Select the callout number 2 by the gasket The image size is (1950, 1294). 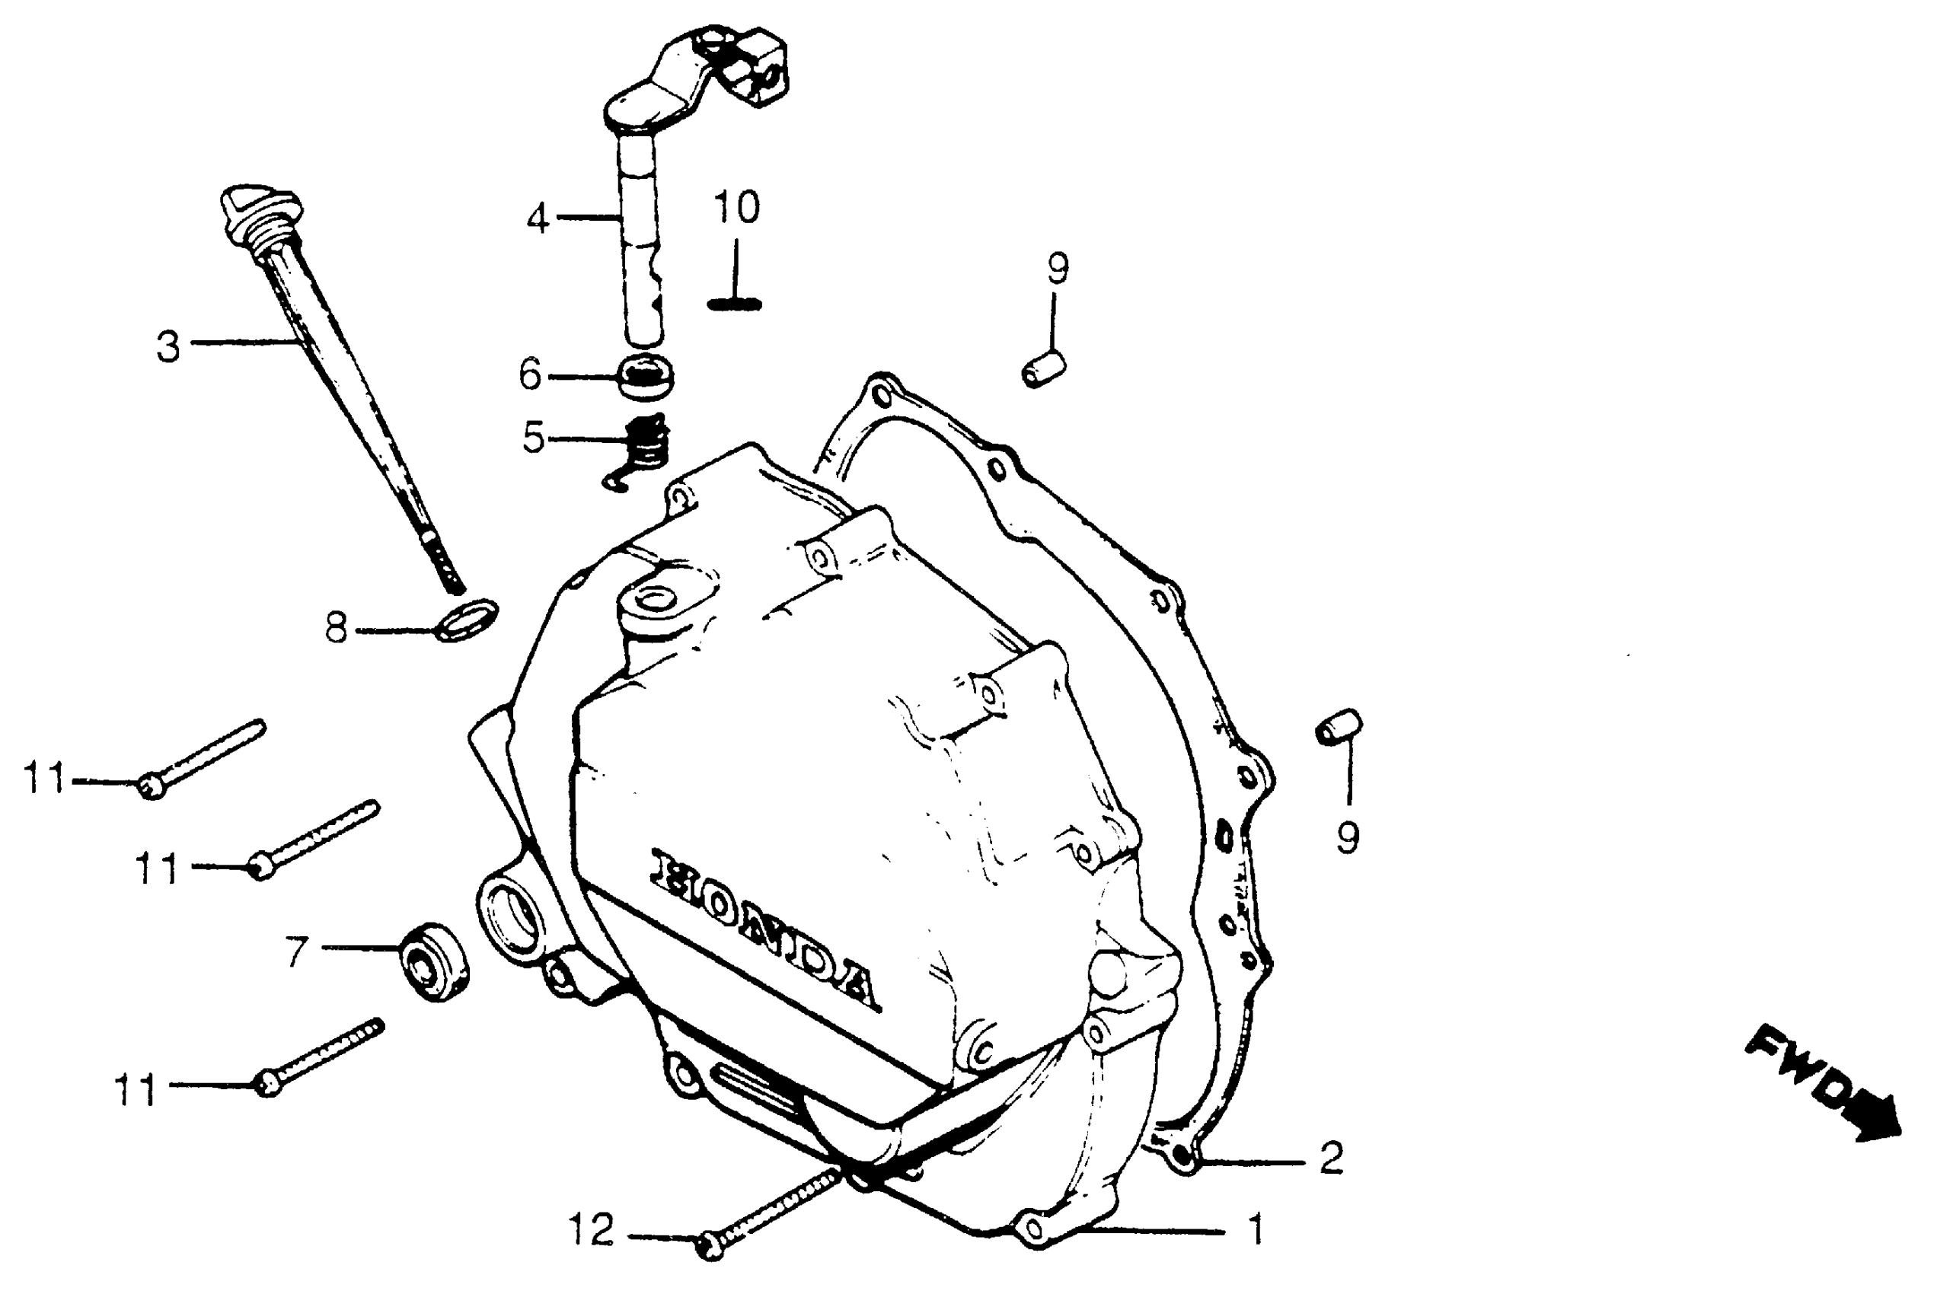point(1330,1159)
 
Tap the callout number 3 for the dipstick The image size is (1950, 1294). point(168,346)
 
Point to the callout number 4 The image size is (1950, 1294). point(538,219)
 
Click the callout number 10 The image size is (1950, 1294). point(736,207)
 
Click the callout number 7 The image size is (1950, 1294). point(296,951)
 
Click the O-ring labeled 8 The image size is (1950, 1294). point(467,619)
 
